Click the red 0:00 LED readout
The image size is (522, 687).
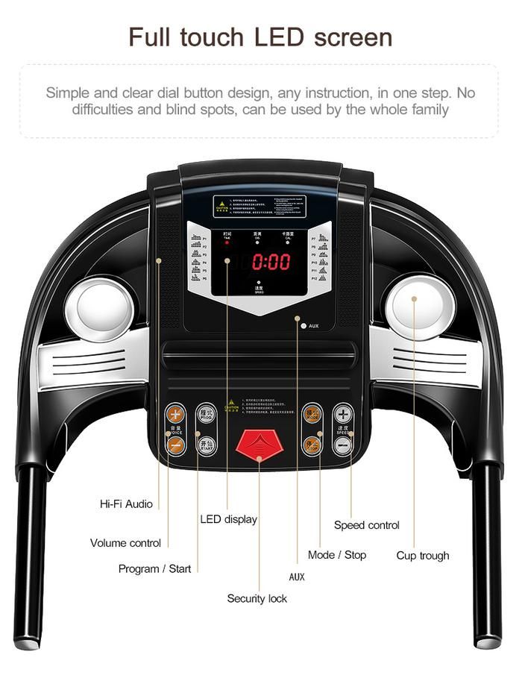[x=271, y=262]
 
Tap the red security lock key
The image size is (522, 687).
[x=260, y=445]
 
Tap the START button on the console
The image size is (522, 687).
[x=207, y=445]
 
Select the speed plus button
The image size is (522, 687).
[x=343, y=414]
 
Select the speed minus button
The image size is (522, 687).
[x=343, y=445]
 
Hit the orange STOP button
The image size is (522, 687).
[x=312, y=445]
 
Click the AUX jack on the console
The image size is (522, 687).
[x=304, y=326]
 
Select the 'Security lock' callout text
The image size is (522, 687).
[x=257, y=598]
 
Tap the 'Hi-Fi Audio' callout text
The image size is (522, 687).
[x=126, y=504]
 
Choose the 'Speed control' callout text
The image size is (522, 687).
[x=366, y=525]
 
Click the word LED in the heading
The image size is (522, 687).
[x=286, y=37]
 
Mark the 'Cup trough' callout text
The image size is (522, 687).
[x=423, y=556]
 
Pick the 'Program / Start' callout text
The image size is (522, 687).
[x=154, y=569]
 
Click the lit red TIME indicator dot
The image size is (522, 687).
[x=227, y=243]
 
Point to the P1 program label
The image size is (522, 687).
[x=204, y=238]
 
